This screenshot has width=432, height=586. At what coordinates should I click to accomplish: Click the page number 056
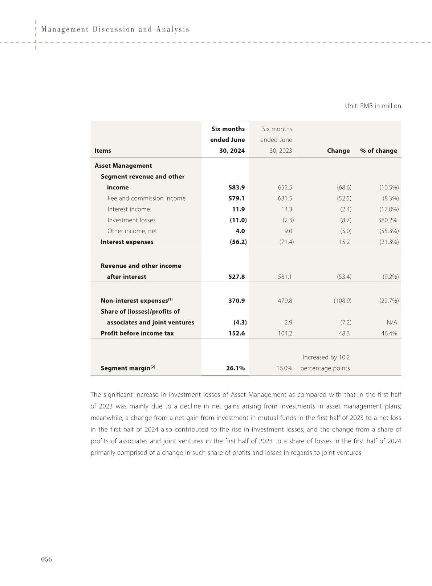(x=46, y=559)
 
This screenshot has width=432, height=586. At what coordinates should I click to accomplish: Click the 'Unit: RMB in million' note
(x=373, y=106)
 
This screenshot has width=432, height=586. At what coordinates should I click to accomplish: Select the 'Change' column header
(x=338, y=151)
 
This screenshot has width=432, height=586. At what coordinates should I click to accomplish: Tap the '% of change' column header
(x=378, y=151)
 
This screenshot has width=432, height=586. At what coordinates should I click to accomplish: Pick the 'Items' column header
(x=103, y=151)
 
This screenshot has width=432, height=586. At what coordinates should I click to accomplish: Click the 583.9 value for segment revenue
(x=236, y=188)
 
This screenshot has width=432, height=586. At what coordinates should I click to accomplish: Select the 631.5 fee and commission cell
(x=285, y=198)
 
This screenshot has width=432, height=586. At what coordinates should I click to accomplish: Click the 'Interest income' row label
(x=129, y=209)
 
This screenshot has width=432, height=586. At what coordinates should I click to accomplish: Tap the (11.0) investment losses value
(x=238, y=220)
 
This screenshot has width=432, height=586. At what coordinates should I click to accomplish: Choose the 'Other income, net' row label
(x=132, y=231)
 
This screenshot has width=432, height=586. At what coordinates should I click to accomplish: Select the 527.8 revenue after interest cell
(x=236, y=277)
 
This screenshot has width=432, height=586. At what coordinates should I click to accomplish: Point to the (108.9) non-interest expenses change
(x=342, y=301)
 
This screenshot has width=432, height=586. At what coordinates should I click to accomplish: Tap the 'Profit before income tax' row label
(x=137, y=333)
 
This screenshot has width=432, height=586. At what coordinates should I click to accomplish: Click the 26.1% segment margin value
(x=235, y=368)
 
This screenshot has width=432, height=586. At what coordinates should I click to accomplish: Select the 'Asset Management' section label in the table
(x=123, y=166)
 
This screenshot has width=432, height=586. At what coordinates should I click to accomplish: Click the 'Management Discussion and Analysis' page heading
(x=115, y=29)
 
